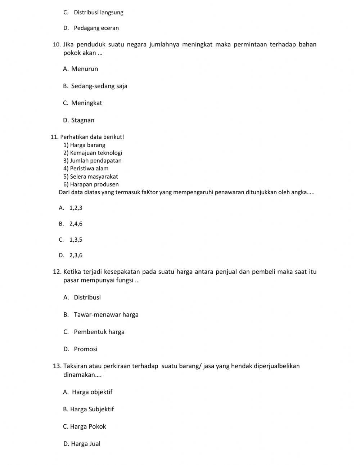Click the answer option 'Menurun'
[x=84, y=69]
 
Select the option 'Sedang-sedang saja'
[x=99, y=86]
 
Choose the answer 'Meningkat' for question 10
[x=86, y=103]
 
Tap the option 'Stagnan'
[x=82, y=120]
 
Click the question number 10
[x=56, y=45]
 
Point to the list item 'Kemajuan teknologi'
[x=96, y=153]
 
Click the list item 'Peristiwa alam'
[x=89, y=168]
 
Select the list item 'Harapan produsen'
[x=94, y=184]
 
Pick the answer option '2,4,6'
[x=76, y=224]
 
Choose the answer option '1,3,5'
[x=76, y=240]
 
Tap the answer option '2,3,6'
[x=76, y=255]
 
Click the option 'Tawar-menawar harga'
[x=106, y=315]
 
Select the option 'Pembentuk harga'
[x=99, y=332]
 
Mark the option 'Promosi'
[x=86, y=349]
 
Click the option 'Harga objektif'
[x=92, y=392]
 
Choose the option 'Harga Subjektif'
[x=92, y=409]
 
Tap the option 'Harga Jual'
[x=86, y=444]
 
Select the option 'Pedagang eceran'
[x=96, y=28]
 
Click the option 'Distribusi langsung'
[x=98, y=13]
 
